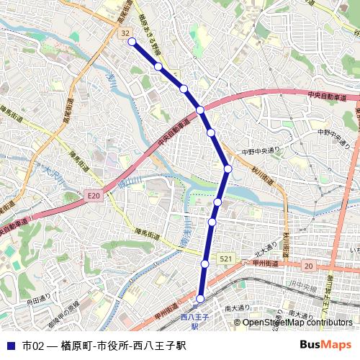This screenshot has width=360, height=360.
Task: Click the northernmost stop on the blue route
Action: [132, 42]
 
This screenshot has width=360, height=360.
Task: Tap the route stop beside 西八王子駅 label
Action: [200, 298]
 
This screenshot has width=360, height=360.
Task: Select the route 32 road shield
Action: [125, 33]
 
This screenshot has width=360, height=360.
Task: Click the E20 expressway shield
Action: [94, 195]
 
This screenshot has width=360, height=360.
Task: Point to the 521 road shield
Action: [226, 258]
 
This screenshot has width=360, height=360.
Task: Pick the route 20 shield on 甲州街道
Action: [309, 266]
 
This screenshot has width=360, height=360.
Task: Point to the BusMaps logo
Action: [325, 344]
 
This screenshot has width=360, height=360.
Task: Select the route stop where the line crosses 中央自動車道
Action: [201, 109]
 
